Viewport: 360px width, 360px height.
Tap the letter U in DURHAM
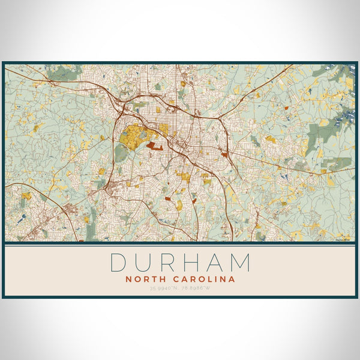[x=145, y=263]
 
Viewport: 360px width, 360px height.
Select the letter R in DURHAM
[x=170, y=263]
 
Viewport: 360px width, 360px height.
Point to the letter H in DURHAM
[x=194, y=263]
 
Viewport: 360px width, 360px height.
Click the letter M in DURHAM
[x=241, y=263]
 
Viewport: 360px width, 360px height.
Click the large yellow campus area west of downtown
[x=133, y=137]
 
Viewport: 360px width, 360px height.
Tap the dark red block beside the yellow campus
[x=154, y=145]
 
